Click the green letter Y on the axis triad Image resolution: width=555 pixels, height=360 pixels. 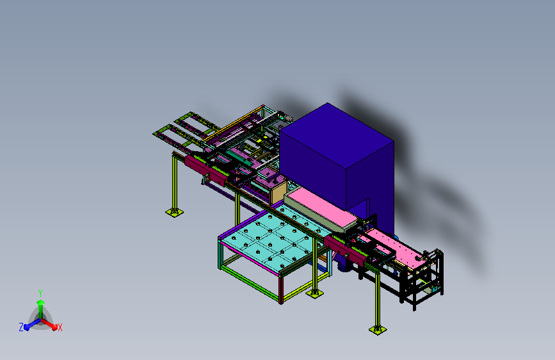coord(40,293)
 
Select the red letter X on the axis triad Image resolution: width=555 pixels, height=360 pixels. coord(60,328)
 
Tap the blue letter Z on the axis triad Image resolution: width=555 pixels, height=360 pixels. coord(21,327)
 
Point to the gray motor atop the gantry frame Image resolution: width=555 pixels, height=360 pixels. coord(286,117)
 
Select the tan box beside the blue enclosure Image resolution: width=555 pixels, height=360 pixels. coord(278,193)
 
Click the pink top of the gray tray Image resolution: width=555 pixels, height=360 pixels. coord(320,206)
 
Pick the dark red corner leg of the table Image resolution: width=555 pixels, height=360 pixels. coord(281,290)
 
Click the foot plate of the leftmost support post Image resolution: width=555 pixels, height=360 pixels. coord(175,212)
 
